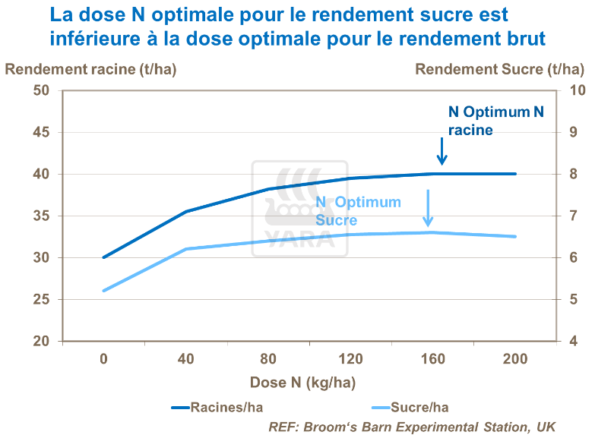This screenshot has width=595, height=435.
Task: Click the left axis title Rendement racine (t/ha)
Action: click(x=91, y=69)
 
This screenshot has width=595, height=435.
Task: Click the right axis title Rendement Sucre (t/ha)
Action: click(x=499, y=69)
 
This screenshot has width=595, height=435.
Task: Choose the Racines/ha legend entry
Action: click(x=214, y=408)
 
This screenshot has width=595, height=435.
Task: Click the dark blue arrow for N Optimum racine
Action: click(x=442, y=151)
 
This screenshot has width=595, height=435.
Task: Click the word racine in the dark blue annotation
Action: click(x=470, y=130)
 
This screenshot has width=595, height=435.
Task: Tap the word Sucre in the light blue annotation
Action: click(x=336, y=220)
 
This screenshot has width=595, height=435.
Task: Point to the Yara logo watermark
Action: click(x=299, y=206)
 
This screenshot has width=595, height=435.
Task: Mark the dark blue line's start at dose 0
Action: click(x=104, y=257)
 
